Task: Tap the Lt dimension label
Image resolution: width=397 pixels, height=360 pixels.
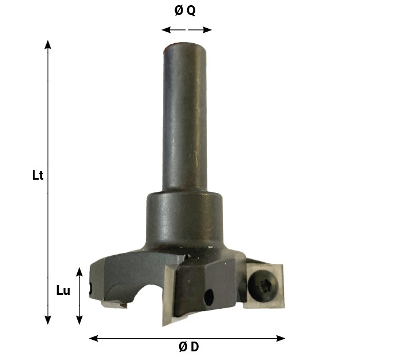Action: pos(38,176)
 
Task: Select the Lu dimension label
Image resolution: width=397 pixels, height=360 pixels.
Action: pos(63,291)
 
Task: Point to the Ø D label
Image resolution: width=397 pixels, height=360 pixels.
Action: pos(188,347)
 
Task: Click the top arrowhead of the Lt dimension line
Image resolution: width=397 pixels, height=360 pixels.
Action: pos(48,44)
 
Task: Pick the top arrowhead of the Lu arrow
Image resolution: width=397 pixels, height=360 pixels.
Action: pos(80,270)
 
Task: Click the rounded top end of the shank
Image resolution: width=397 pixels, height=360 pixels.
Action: pos(185,48)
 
